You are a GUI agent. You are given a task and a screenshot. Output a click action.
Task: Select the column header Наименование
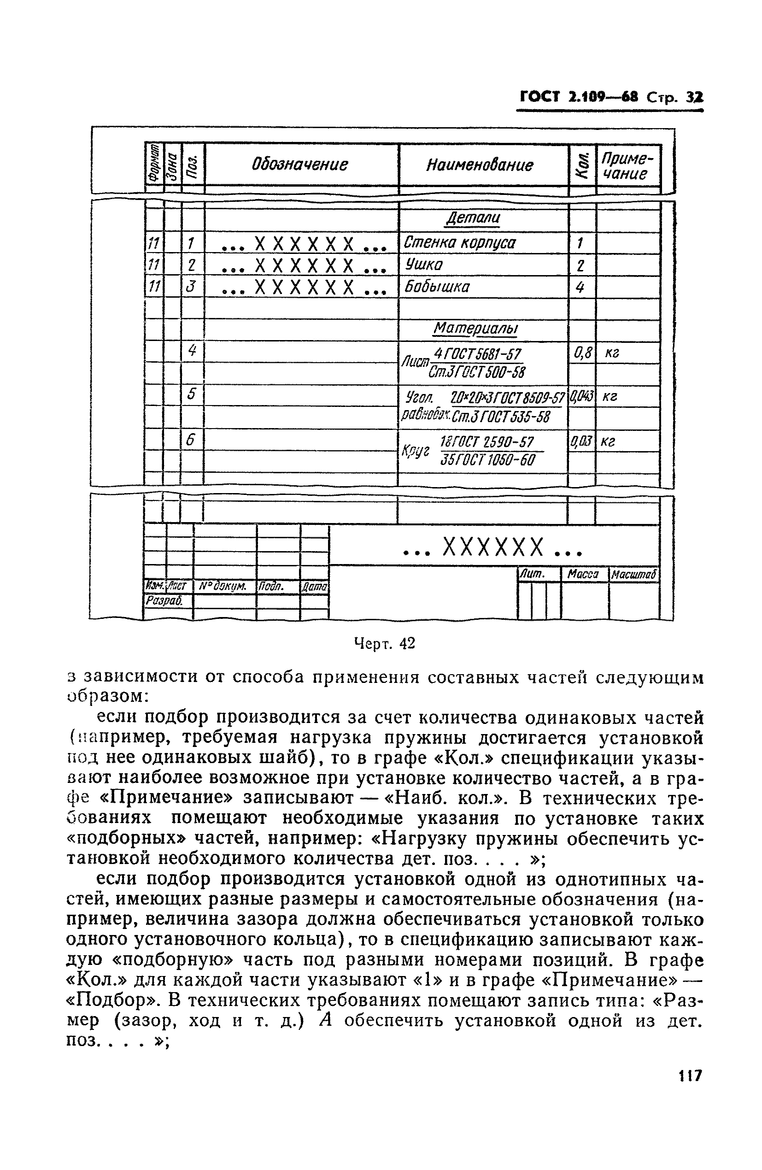pos(479,165)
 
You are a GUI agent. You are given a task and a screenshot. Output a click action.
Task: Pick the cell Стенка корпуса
pos(460,243)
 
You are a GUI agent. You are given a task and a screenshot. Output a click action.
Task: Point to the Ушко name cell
pos(424,265)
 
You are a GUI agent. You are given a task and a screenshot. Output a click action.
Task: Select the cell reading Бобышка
pos(437,287)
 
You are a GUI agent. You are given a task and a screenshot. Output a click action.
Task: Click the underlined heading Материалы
pos(475,329)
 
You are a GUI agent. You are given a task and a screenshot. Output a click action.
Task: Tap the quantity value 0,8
pos(582,352)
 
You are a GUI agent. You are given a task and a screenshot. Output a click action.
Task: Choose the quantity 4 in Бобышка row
pos(580,287)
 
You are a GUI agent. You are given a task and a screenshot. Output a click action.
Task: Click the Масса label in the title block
pos(583,574)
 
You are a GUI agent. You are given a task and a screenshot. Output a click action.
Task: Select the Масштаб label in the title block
pos(633,574)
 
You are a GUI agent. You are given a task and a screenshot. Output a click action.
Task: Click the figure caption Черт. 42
pos(384,643)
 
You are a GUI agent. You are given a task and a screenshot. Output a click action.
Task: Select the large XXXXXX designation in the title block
pos(493,547)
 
